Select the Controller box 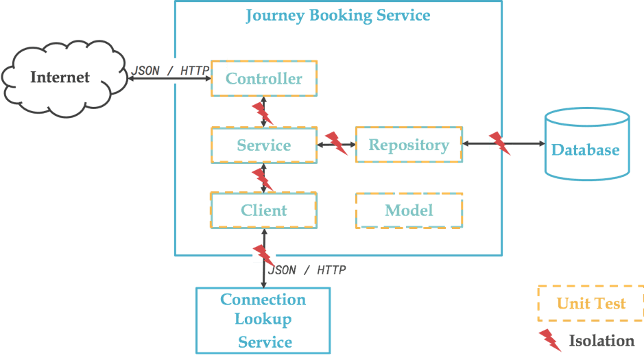[264, 79]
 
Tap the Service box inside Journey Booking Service [264, 145]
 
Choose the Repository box [409, 145]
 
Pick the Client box [264, 210]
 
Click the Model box [409, 210]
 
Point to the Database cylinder [586, 149]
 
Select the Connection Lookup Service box [263, 320]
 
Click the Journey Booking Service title [338, 15]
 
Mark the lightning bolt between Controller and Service [262, 113]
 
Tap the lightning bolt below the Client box [263, 255]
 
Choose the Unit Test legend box [590, 303]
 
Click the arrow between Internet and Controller [168, 80]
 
